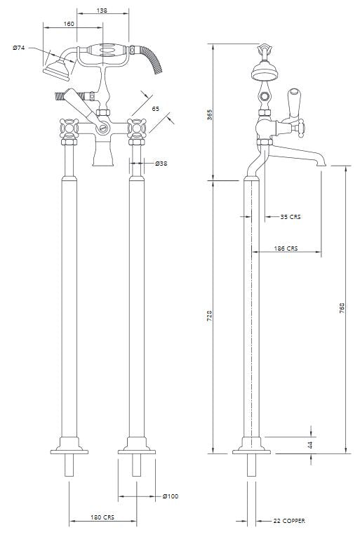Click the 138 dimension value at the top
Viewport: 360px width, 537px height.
point(102,11)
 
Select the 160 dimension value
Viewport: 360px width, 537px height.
point(69,24)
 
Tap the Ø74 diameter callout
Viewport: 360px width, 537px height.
point(19,48)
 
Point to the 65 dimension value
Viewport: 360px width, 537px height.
point(156,109)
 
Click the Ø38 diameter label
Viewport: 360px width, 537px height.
point(161,164)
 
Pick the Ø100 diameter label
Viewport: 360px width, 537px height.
point(171,496)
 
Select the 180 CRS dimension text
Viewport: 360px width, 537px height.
point(102,517)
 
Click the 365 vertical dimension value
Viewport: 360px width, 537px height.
point(210,114)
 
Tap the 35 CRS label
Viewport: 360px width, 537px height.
point(291,216)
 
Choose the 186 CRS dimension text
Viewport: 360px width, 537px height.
point(286,248)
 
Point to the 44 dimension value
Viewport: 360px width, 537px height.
point(310,445)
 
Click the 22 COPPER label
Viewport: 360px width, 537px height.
point(289,521)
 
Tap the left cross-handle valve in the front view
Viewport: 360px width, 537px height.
point(69,128)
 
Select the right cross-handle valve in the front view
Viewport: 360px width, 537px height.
point(137,128)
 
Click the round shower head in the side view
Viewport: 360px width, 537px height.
point(264,71)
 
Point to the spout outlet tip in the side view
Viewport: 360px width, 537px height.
point(321,165)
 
